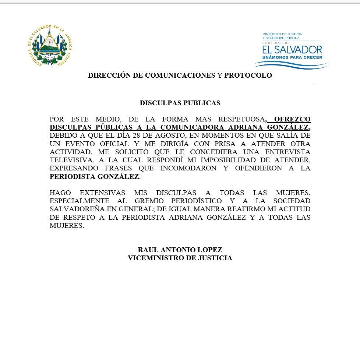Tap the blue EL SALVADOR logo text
[292, 49]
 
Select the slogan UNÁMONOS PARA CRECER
[292, 58]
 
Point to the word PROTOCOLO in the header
[248, 75]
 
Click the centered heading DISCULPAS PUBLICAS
[180, 103]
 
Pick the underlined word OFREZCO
[292, 119]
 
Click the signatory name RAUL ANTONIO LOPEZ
[180, 250]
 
